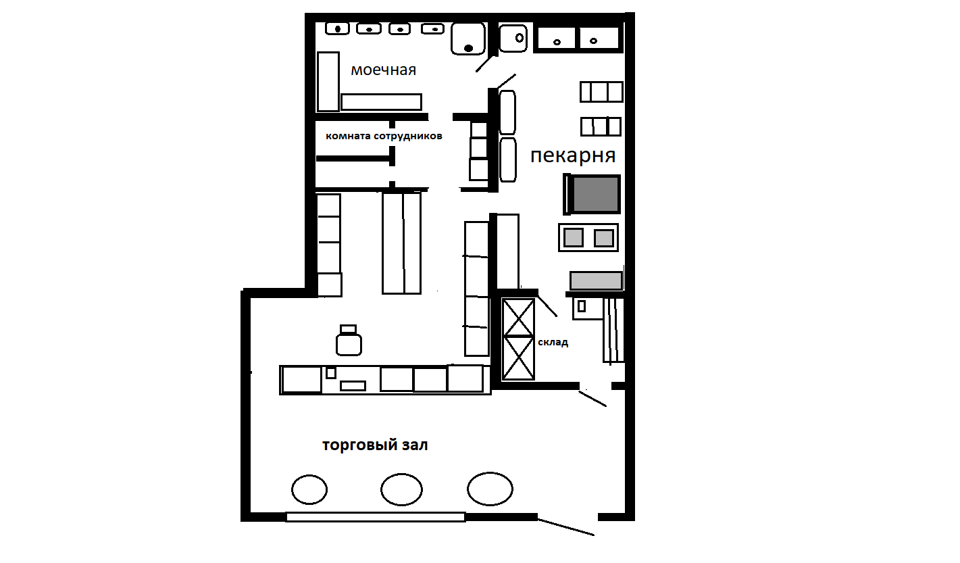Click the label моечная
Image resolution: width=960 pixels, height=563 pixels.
(383, 70)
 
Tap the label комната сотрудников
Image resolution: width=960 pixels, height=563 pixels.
(384, 137)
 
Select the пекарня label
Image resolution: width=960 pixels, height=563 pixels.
(573, 155)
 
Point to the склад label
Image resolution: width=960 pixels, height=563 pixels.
(553, 342)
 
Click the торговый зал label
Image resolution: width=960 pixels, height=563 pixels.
(375, 445)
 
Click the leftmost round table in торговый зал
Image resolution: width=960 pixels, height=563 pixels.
(309, 489)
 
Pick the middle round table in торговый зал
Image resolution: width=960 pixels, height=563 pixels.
(401, 489)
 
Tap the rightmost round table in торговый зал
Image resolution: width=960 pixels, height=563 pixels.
(490, 489)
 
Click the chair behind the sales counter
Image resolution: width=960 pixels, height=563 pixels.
(349, 341)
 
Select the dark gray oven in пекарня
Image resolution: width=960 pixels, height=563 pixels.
(592, 194)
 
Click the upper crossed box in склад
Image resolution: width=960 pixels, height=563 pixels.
(518, 317)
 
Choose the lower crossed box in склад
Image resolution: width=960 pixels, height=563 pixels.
(518, 358)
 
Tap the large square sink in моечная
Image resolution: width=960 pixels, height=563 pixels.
(468, 39)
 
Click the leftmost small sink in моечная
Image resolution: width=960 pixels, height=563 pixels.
(337, 29)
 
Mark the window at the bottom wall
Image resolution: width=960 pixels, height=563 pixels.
(376, 516)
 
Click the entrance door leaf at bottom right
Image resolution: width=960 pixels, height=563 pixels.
(566, 527)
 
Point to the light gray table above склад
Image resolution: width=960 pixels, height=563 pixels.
(596, 281)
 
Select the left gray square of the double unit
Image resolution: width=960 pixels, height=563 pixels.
(574, 237)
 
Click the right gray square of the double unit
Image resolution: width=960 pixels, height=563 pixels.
(604, 238)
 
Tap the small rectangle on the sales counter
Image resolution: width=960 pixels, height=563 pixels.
(353, 386)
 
